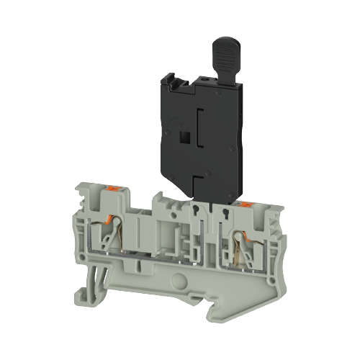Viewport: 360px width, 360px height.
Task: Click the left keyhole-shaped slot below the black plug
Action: tap(196, 210)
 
